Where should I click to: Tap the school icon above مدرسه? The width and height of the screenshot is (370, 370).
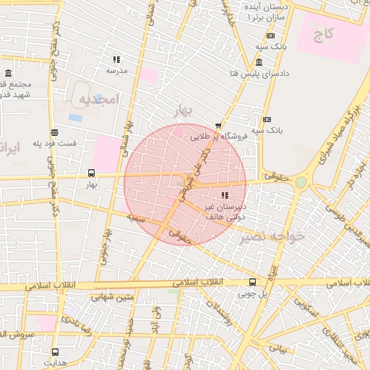tap(116, 60)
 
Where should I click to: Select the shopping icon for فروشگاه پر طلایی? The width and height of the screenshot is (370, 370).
tap(219, 125)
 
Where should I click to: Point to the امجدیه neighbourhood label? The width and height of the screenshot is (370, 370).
tap(98, 98)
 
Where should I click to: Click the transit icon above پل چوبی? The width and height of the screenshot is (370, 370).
tap(252, 282)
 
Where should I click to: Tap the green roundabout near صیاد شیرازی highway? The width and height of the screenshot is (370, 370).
tap(301, 183)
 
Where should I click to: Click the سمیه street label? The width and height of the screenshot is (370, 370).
tap(137, 217)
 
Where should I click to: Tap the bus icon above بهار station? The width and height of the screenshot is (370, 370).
tap(92, 173)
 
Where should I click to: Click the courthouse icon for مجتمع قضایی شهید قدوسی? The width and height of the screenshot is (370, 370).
tap(8, 74)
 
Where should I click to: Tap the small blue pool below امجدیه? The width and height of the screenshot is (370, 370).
tap(76, 117)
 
